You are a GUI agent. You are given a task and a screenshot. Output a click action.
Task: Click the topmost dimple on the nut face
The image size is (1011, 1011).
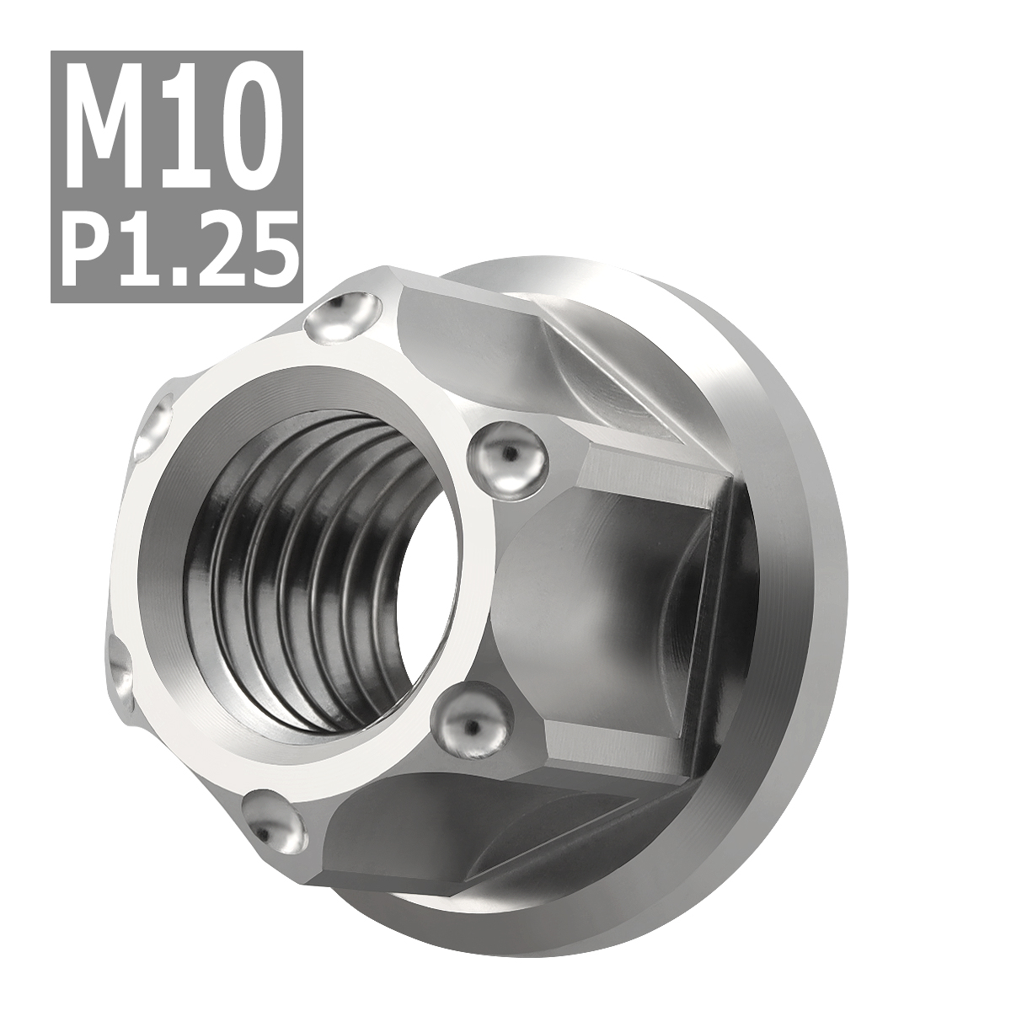click(345, 318)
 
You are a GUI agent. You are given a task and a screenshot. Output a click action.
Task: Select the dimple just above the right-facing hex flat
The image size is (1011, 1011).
click(505, 460)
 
